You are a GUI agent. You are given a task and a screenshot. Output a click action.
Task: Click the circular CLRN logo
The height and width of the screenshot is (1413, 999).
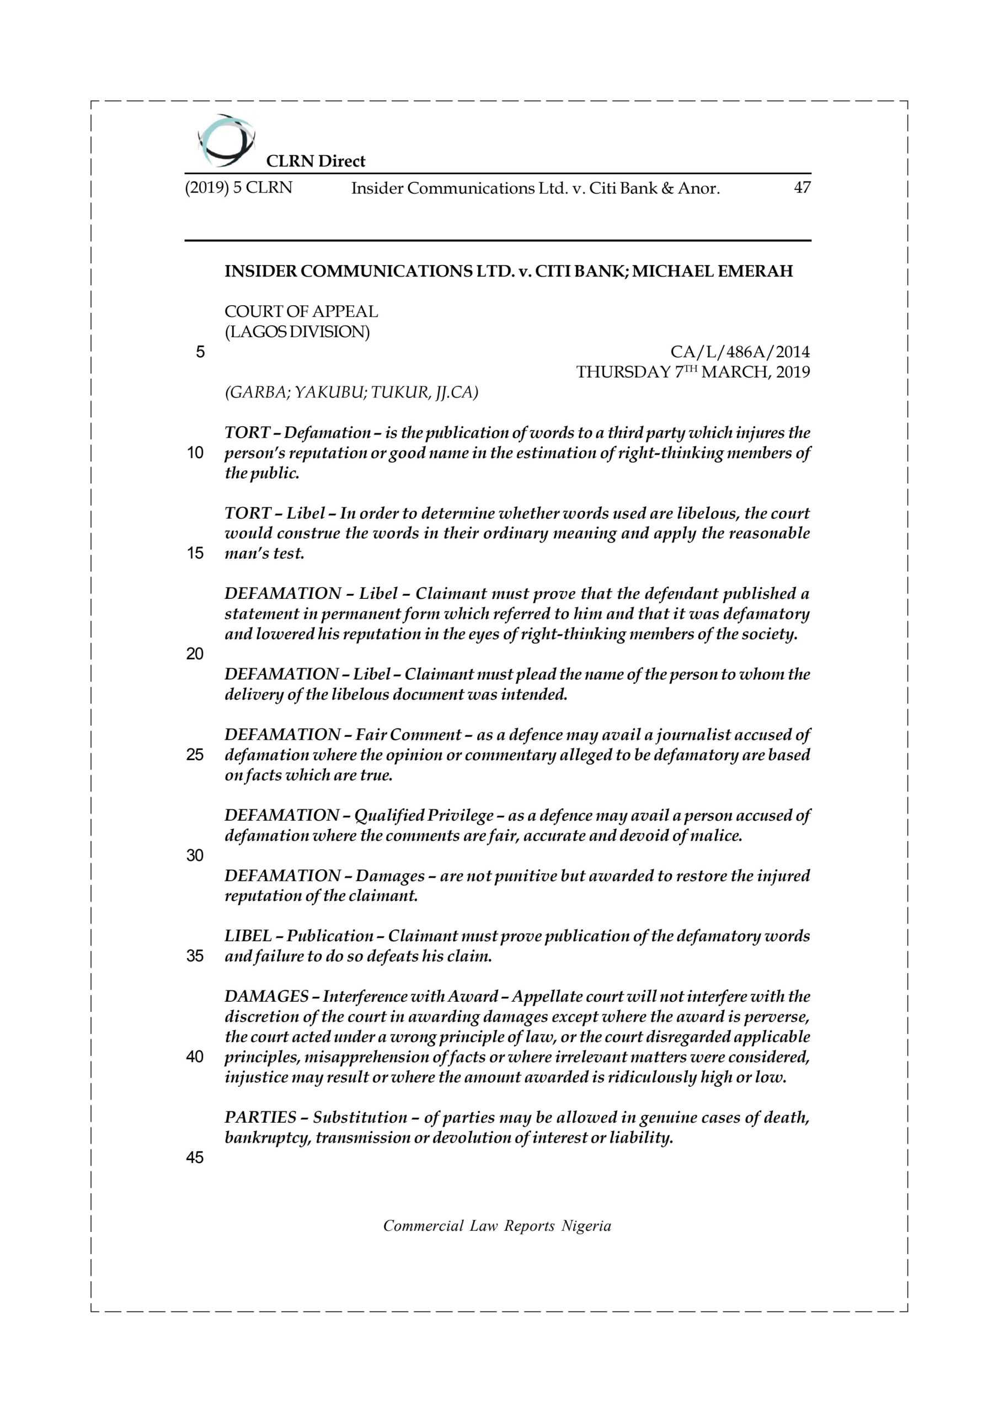point(225,141)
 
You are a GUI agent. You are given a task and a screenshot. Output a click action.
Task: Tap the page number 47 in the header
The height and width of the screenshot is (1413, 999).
point(802,187)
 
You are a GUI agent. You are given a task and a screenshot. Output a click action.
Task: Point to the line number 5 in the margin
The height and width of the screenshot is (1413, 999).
point(200,353)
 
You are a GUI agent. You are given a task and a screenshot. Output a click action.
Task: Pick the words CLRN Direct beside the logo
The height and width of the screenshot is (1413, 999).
point(315,161)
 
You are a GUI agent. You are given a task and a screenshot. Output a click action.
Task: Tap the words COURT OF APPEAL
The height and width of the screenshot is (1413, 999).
point(301,311)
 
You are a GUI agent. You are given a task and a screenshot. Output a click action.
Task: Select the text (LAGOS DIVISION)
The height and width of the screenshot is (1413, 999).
point(297,332)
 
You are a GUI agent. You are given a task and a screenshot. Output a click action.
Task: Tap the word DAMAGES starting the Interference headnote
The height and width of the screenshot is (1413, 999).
point(266,996)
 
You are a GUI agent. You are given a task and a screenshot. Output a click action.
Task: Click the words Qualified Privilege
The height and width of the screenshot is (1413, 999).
point(424,815)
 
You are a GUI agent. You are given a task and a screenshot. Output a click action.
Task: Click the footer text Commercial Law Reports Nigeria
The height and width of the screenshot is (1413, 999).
point(497,1225)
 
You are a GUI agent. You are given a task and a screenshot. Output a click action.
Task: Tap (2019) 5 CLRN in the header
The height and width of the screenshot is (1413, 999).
point(239,187)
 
